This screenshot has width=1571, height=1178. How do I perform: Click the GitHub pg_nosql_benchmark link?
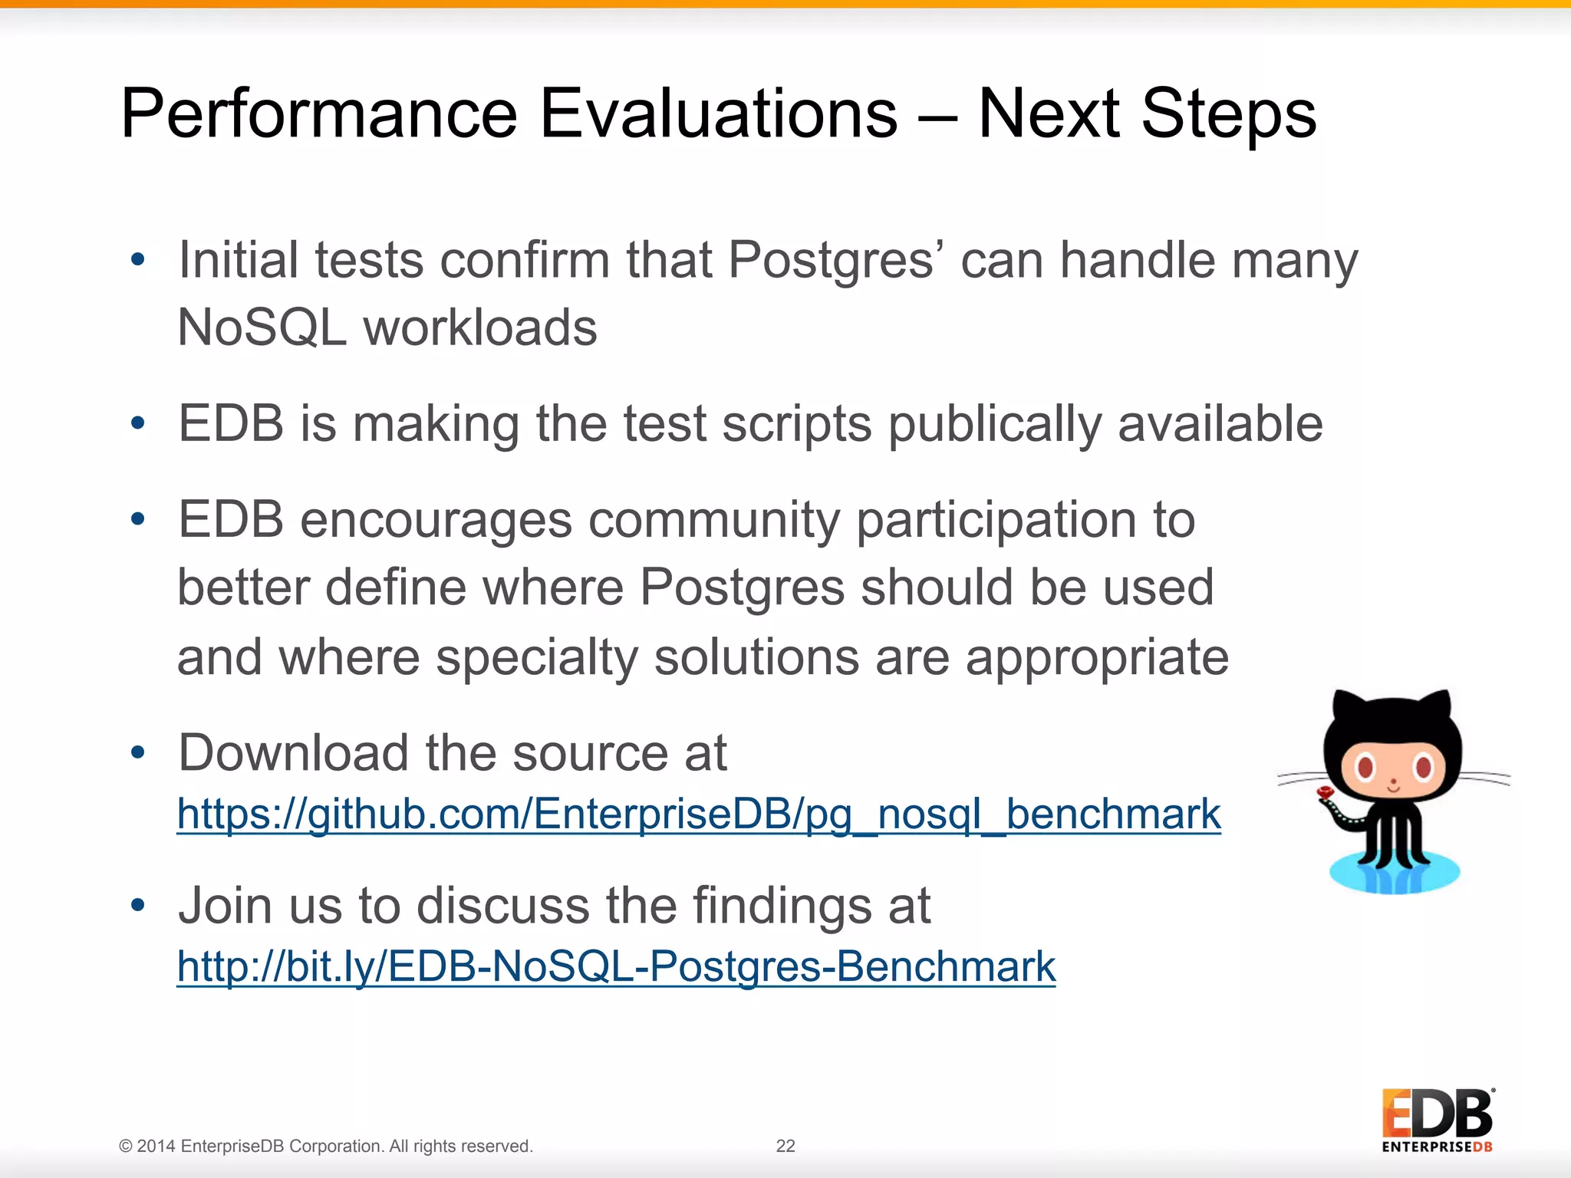coord(698,814)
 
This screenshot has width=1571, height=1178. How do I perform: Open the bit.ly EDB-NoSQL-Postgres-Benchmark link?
coord(616,966)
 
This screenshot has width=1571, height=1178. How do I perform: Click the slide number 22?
coord(785,1146)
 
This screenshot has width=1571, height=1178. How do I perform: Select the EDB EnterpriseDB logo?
coord(1437,1120)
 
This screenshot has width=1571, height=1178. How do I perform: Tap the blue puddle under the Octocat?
coord(1394,874)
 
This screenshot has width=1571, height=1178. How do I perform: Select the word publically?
coord(994,424)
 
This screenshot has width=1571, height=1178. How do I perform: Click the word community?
coord(713,520)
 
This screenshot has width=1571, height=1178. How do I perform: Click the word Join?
coord(224,906)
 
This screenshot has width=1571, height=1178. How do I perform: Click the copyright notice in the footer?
coord(326,1146)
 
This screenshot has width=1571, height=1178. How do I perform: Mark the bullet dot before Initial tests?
coord(138,260)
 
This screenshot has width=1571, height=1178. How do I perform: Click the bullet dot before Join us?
coord(138,906)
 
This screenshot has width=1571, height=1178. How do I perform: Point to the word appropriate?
coord(1097,658)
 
